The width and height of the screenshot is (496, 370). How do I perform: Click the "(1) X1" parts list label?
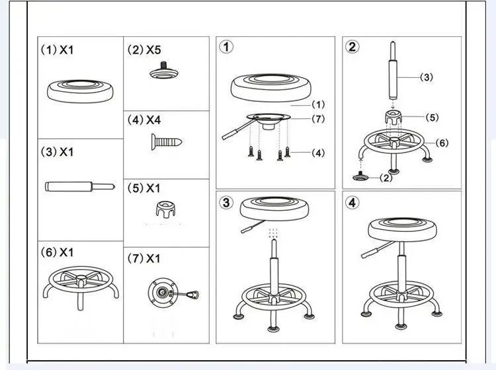tap(58, 50)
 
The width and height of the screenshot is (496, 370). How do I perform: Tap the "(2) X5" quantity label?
tap(144, 50)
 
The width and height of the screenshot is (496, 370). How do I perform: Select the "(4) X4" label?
tap(144, 120)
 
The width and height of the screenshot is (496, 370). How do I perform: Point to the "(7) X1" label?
tap(144, 258)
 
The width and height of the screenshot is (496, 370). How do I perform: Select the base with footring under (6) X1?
tap(79, 284)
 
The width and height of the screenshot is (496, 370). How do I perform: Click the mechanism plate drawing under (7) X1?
tap(163, 291)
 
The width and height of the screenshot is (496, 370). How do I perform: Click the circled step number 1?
tap(227, 47)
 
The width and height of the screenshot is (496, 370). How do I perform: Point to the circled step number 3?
tap(227, 202)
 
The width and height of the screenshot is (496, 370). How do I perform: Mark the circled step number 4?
tap(352, 202)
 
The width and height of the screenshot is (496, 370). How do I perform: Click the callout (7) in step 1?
tap(318, 119)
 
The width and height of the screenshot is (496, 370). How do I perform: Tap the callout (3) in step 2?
tap(427, 77)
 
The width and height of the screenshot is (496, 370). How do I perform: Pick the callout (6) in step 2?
tap(442, 142)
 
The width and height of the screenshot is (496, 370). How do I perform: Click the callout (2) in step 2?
tap(386, 178)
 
